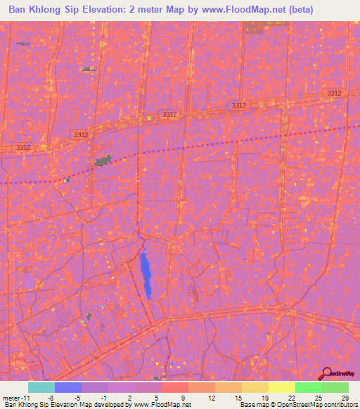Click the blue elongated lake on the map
point(146,274)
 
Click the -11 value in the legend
point(23,398)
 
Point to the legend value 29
point(344,398)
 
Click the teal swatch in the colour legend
point(41,387)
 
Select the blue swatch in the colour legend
point(68,387)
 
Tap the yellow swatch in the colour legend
point(282,387)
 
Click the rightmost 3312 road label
point(335,93)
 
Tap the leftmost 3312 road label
point(23,148)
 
